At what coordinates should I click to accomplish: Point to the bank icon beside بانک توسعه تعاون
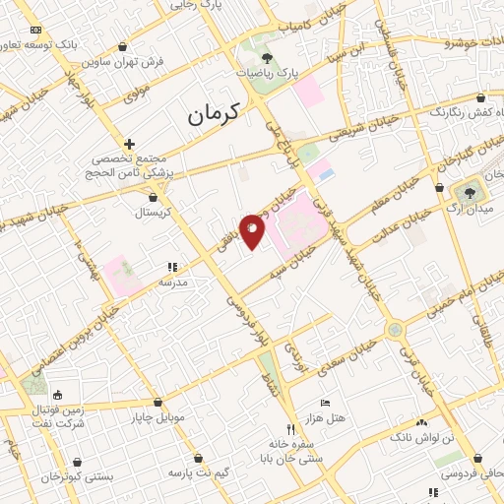tap(36, 31)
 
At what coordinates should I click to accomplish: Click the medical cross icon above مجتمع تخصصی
tap(129, 144)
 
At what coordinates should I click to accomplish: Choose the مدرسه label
tap(173, 282)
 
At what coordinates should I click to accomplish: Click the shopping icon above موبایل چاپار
tap(157, 402)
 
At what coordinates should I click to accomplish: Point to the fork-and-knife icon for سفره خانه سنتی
tap(289, 429)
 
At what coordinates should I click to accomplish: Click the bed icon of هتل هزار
tap(326, 403)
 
